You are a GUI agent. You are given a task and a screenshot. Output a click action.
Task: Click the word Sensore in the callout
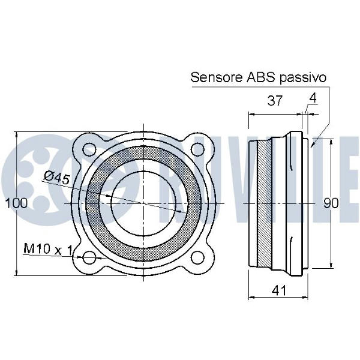click(x=216, y=77)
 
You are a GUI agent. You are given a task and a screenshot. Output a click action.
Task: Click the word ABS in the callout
click(x=260, y=77)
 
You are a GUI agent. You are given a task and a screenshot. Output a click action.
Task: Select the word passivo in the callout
click(x=302, y=78)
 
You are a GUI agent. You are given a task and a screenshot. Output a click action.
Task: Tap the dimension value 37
click(x=275, y=100)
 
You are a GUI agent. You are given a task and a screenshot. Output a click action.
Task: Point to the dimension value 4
click(x=313, y=98)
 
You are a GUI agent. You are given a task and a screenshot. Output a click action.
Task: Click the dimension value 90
click(x=331, y=203)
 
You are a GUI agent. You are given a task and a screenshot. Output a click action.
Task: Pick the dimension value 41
click(x=279, y=290)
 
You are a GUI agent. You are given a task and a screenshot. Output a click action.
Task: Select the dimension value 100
click(x=16, y=203)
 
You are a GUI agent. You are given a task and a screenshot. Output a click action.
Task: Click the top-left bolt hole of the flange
click(x=89, y=149)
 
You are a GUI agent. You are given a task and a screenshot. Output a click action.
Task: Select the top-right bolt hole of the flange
click(x=198, y=149)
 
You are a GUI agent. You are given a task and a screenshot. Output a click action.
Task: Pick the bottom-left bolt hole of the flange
click(x=89, y=258)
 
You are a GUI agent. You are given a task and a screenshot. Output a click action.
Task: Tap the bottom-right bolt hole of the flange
click(x=198, y=258)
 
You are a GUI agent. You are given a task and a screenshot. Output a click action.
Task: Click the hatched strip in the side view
click(x=264, y=203)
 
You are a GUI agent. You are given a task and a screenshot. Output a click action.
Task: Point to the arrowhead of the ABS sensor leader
click(x=312, y=145)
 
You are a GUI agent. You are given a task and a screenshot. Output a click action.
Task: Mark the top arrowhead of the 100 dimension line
click(x=16, y=134)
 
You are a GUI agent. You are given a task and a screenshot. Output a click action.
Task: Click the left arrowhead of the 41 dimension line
click(x=251, y=298)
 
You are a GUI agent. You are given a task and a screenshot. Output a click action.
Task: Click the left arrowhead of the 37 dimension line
click(x=251, y=114)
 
